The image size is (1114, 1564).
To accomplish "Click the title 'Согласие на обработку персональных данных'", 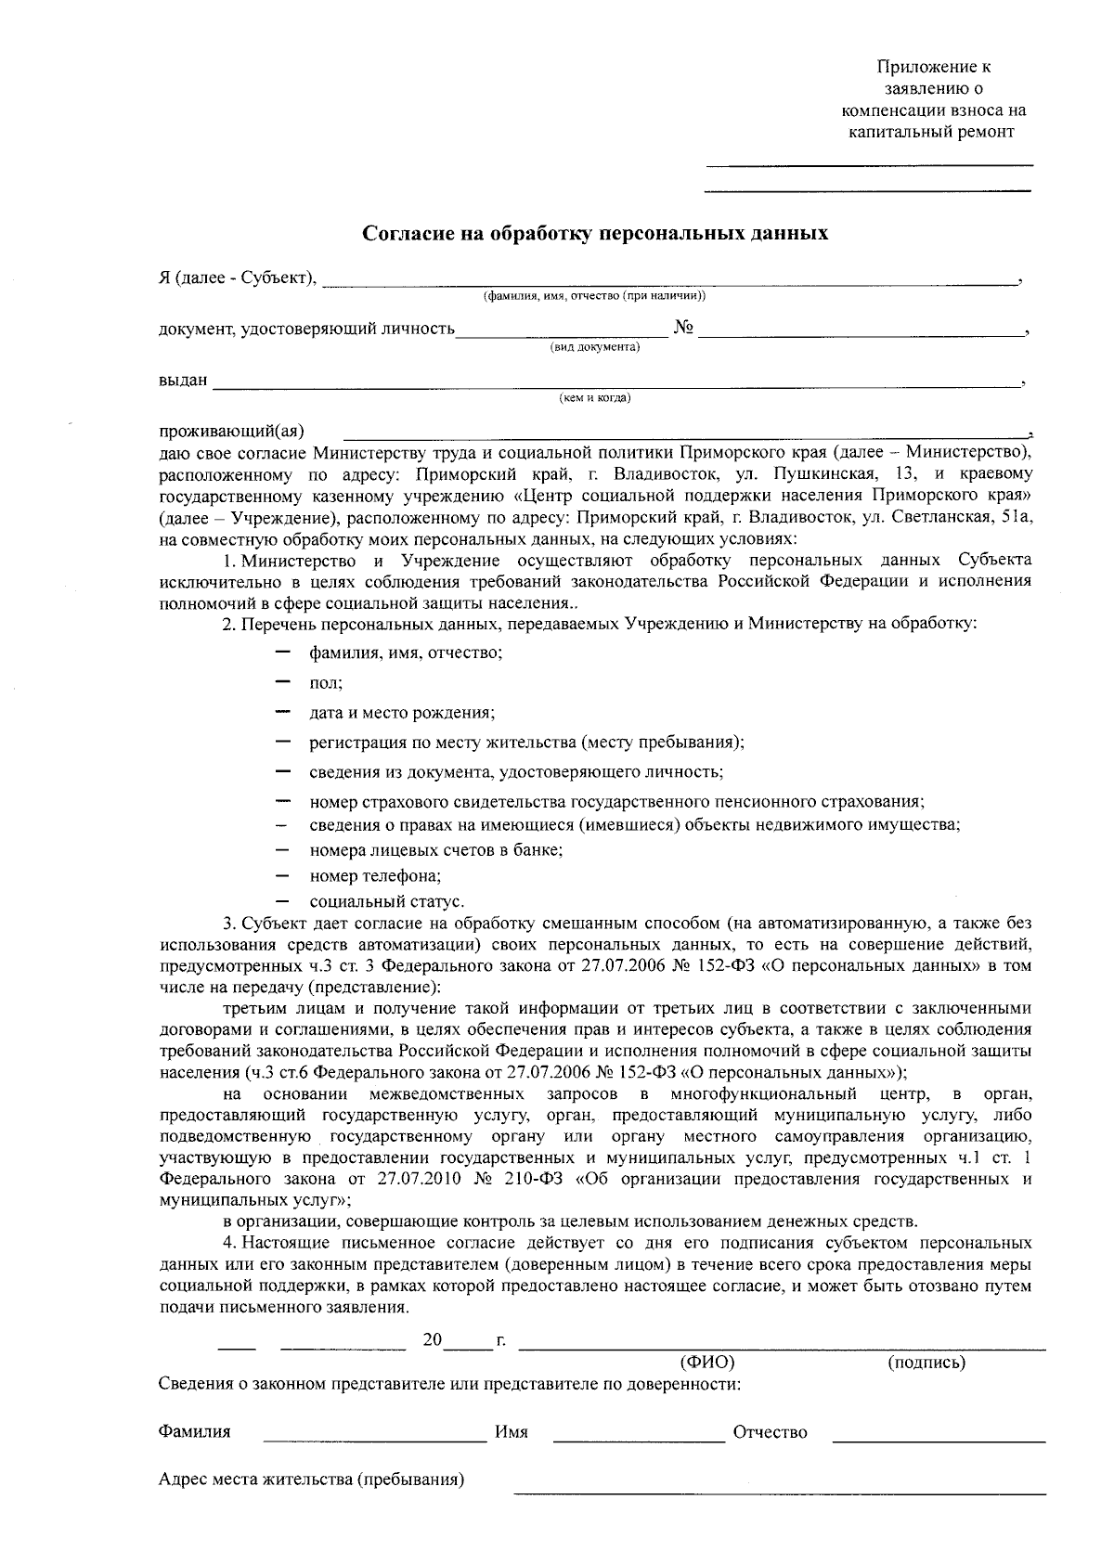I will point(594,233).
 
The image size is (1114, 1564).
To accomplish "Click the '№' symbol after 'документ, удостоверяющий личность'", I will point(683,328).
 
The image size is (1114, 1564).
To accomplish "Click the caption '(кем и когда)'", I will point(594,398).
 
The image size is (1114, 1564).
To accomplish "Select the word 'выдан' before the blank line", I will point(183,381).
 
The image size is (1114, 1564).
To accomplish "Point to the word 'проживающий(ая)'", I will point(231,431).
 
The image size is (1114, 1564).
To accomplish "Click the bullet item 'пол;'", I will point(326,682).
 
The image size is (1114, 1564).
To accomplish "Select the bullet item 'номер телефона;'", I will point(375,875).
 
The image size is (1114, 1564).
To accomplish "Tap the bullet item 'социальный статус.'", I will point(386,901).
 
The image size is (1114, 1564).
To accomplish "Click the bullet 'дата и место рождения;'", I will point(401,713).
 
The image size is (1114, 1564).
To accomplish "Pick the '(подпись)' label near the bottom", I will point(926,1363).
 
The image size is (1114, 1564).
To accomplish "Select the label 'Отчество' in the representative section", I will point(770,1432).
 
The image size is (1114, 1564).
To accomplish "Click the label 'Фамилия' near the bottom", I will point(194,1431).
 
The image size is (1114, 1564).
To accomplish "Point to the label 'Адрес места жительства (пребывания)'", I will point(311,1479).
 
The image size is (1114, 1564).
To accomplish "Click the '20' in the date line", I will point(432,1340).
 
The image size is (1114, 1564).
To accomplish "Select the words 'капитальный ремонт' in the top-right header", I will point(932,131).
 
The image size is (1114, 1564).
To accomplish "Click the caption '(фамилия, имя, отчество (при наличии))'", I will point(594,296).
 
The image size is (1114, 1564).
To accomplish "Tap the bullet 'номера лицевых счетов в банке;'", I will point(436,849).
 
